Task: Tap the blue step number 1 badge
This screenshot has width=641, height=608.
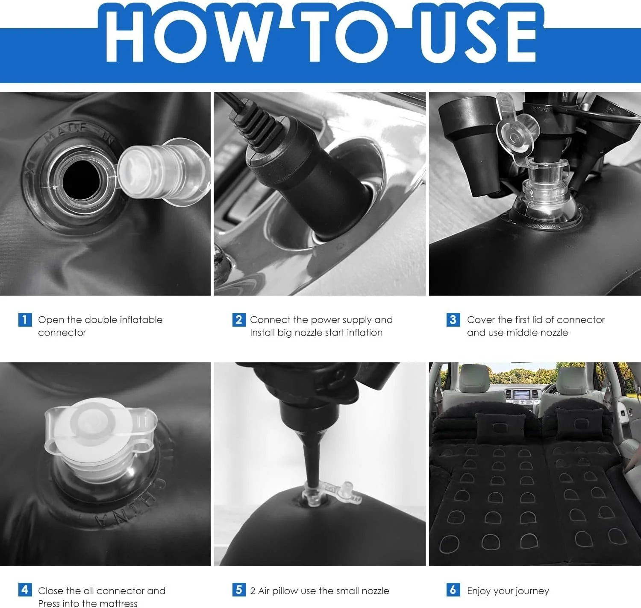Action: [25, 319]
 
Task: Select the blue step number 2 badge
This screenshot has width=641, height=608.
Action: [239, 319]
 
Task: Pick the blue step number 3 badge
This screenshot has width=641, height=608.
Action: [453, 319]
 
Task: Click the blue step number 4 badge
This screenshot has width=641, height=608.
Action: [25, 590]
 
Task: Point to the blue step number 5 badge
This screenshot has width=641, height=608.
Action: [239, 590]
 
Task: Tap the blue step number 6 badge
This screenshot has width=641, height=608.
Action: [453, 590]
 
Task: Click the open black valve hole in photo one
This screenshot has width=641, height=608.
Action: [81, 179]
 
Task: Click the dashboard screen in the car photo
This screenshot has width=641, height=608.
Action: [522, 395]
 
